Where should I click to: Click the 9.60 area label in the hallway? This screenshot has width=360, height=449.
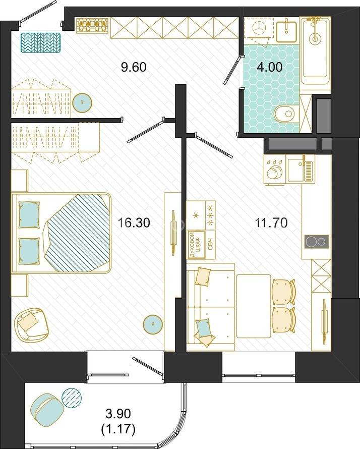pyautogui.click(x=134, y=67)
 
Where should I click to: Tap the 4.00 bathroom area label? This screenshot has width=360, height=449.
pyautogui.click(x=270, y=67)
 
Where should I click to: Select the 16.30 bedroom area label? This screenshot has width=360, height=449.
pyautogui.click(x=134, y=223)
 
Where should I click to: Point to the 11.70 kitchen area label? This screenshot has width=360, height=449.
pyautogui.click(x=271, y=223)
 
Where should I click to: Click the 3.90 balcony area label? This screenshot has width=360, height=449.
pyautogui.click(x=118, y=414)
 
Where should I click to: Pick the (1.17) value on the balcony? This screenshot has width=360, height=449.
pyautogui.click(x=118, y=429)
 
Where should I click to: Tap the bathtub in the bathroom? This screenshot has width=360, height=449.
pyautogui.click(x=315, y=50)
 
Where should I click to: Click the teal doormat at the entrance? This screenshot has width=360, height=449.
pyautogui.click(x=41, y=42)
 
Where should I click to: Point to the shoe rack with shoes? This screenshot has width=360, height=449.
pyautogui.click(x=92, y=25)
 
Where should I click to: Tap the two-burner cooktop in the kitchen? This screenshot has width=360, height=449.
pyautogui.click(x=316, y=241)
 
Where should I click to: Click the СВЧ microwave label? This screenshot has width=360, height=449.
pyautogui.click(x=210, y=245)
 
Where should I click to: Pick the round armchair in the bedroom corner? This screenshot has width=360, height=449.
pyautogui.click(x=31, y=324)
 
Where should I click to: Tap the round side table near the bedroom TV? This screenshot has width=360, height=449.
pyautogui.click(x=153, y=324)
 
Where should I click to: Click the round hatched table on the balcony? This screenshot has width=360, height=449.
pyautogui.click(x=72, y=398)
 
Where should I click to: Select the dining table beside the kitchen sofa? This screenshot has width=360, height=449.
pyautogui.click(x=254, y=306)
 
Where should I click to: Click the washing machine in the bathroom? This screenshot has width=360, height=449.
pyautogui.click(x=260, y=31)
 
